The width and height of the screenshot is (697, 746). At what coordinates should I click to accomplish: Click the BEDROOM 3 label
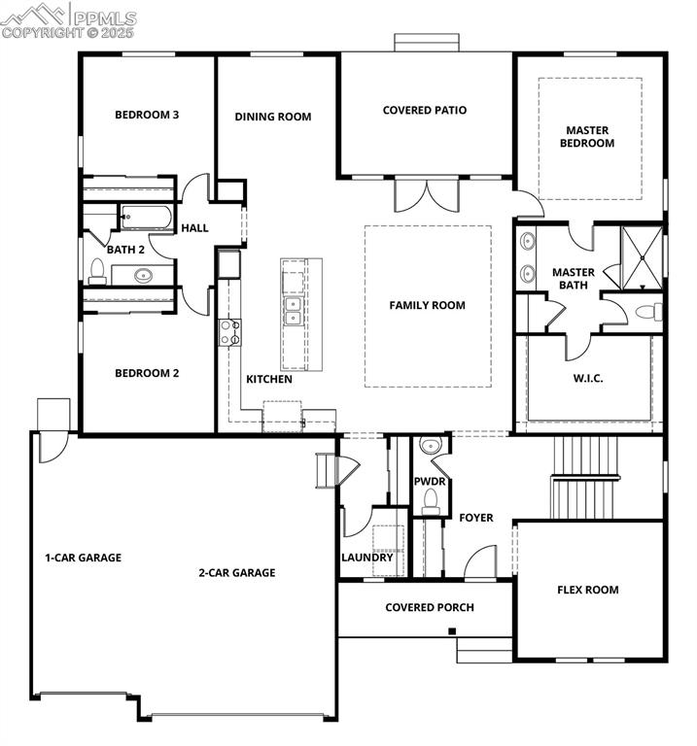click(x=147, y=115)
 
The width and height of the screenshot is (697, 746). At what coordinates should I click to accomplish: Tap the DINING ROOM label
click(x=273, y=117)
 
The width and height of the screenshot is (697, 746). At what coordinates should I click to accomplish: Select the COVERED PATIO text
click(x=425, y=110)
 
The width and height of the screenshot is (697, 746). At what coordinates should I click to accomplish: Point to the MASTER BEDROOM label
click(x=587, y=137)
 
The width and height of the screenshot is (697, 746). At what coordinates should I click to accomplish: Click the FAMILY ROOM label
click(x=427, y=305)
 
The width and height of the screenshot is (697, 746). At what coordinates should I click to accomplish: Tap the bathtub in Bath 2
click(x=146, y=218)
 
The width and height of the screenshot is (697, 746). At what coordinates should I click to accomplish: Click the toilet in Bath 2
click(x=97, y=271)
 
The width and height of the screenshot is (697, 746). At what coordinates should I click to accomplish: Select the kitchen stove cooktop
click(x=229, y=332)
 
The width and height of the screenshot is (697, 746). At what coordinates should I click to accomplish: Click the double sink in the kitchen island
click(x=293, y=311)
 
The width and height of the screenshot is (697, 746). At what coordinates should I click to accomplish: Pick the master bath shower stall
click(x=642, y=257)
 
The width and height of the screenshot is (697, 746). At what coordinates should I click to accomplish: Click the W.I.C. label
click(x=588, y=379)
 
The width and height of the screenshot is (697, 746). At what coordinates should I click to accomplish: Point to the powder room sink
click(x=431, y=445)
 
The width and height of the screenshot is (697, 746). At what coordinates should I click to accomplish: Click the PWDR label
click(x=430, y=482)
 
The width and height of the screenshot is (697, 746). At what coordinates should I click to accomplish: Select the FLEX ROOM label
click(x=588, y=590)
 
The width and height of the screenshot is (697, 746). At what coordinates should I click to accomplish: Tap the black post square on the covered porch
click(x=452, y=631)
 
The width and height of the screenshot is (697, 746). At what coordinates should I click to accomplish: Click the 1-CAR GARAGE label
click(x=84, y=558)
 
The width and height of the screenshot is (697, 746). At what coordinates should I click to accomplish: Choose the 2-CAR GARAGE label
click(x=237, y=573)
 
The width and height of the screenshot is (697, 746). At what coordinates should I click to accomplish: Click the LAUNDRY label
click(x=367, y=558)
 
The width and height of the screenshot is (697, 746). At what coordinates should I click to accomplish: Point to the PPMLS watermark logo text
click(x=105, y=18)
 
